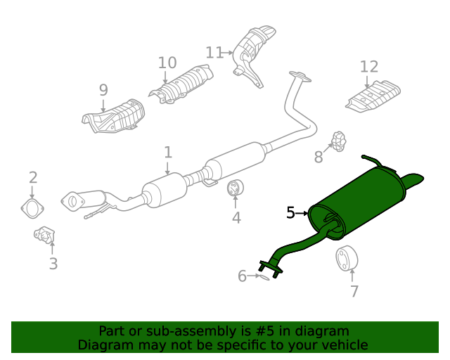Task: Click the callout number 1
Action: (168, 152)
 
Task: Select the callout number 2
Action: (32, 178)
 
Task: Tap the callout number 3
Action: (53, 264)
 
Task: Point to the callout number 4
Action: (236, 218)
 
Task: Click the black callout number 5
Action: (290, 212)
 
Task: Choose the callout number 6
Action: (242, 276)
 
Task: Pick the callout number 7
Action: (354, 290)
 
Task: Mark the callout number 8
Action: (319, 157)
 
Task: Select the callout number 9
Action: (103, 90)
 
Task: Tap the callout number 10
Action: (167, 63)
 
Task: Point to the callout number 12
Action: (369, 67)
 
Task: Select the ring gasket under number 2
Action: (30, 208)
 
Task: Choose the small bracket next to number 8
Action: (339, 141)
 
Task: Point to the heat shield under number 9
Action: (114, 117)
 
